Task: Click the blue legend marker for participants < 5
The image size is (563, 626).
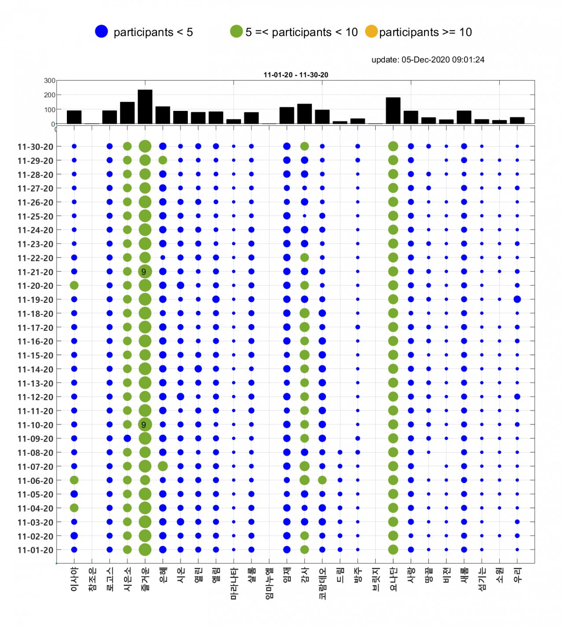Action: pyautogui.click(x=101, y=31)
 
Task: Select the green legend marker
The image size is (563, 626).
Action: pyautogui.click(x=236, y=31)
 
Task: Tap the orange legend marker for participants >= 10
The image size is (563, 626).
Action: pyautogui.click(x=371, y=31)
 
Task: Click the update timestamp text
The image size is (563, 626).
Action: pyautogui.click(x=428, y=59)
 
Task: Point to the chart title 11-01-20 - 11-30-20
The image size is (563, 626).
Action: pyautogui.click(x=296, y=75)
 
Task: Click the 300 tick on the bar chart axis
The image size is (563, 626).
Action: pyautogui.click(x=50, y=81)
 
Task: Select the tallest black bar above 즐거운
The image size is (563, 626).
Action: pyautogui.click(x=145, y=107)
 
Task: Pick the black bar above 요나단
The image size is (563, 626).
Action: pyautogui.click(x=393, y=110)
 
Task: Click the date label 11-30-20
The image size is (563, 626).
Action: pyautogui.click(x=35, y=147)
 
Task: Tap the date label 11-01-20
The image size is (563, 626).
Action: pyautogui.click(x=35, y=550)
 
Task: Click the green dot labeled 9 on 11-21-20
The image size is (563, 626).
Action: pyautogui.click(x=145, y=272)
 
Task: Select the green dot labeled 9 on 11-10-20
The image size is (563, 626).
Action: pyautogui.click(x=145, y=425)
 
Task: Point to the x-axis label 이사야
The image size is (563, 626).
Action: pyautogui.click(x=74, y=579)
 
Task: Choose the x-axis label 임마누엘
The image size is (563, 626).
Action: pyautogui.click(x=269, y=583)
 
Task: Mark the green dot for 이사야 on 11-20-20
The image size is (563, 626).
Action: pyautogui.click(x=74, y=285)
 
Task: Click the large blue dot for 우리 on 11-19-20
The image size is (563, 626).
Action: pyautogui.click(x=517, y=299)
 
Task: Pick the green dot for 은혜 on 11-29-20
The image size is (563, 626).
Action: pyautogui.click(x=163, y=160)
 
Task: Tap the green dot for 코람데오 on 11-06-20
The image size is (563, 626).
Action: pyautogui.click(x=322, y=480)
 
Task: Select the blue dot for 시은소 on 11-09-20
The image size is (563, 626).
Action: pyautogui.click(x=127, y=438)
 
